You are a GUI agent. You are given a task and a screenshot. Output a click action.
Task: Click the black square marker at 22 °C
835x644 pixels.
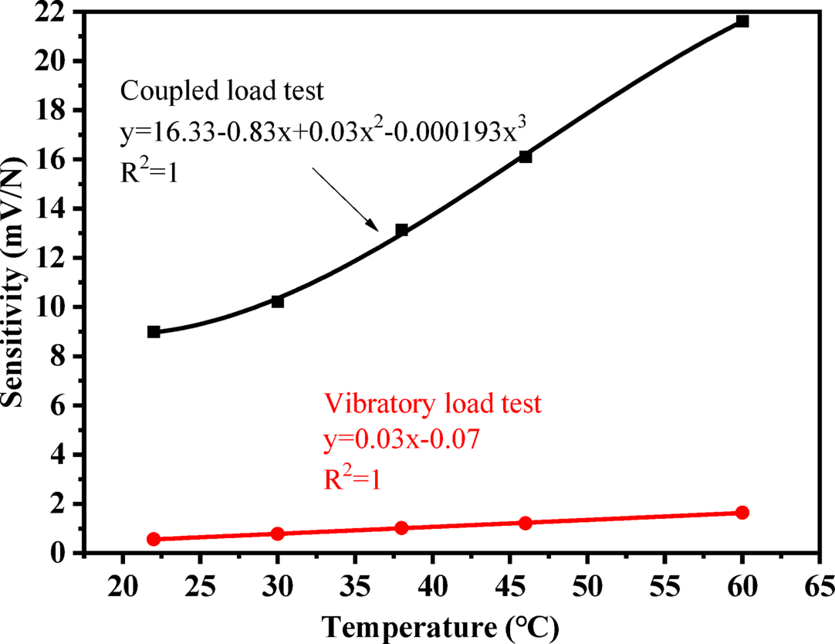pos(154,331)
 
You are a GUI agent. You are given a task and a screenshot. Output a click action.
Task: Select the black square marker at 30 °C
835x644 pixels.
pos(278,301)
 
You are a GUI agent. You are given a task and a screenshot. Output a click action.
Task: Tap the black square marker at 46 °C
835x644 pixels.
pos(526,157)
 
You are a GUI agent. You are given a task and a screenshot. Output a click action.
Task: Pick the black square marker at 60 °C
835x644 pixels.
pos(742,21)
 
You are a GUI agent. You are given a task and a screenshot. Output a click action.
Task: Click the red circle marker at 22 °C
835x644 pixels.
pos(154,539)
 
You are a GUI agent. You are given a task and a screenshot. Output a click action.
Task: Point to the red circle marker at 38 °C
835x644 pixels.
pos(401,528)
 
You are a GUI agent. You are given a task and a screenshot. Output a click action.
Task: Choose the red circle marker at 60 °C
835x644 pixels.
pos(742,513)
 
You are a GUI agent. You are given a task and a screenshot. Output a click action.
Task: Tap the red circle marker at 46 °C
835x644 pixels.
pos(526,523)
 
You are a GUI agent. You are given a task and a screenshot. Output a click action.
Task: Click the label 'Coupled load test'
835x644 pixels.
pos(221,92)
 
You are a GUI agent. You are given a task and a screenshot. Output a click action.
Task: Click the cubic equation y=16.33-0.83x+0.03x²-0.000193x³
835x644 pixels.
pos(323,134)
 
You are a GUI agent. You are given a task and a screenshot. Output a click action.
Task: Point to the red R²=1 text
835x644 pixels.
pos(354,479)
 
